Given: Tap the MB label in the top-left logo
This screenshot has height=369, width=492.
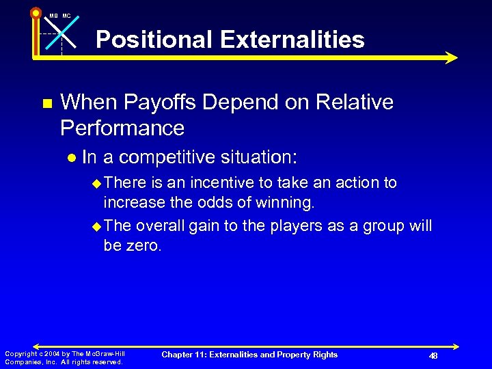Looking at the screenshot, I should [x=53, y=16].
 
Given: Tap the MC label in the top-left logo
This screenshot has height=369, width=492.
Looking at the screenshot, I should [x=66, y=16].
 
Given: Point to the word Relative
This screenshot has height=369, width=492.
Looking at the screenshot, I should [x=353, y=102].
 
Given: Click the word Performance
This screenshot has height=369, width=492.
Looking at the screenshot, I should [x=122, y=128].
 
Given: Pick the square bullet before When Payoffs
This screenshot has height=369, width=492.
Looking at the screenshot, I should [x=46, y=104].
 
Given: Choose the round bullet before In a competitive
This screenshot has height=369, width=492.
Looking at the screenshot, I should [x=72, y=158].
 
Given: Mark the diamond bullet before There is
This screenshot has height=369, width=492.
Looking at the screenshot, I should [x=96, y=184].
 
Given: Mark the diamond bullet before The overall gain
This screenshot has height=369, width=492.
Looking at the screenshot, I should [x=96, y=226].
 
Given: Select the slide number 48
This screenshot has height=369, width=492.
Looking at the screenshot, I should [x=433, y=356].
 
